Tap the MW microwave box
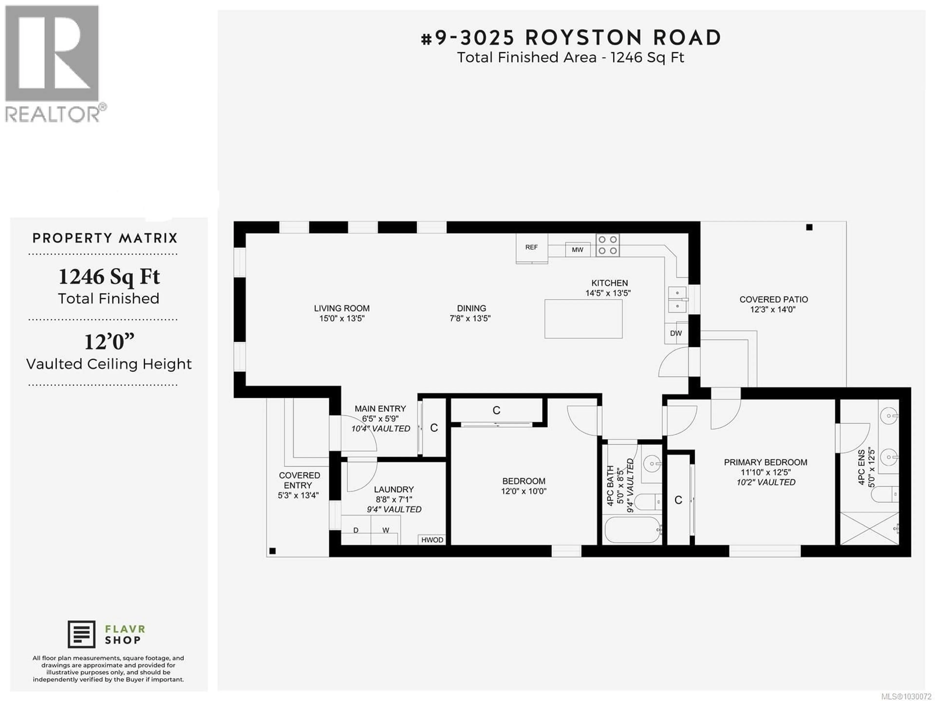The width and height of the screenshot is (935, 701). [577, 250]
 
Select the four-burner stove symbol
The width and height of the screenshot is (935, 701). [608, 245]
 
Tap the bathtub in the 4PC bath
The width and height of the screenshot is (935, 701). [632, 530]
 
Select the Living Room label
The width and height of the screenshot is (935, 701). [342, 308]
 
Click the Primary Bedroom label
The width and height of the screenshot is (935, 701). [766, 462]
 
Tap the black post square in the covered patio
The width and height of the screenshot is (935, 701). [809, 227]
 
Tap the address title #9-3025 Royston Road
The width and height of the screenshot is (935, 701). [571, 38]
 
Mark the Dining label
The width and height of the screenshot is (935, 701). [471, 308]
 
